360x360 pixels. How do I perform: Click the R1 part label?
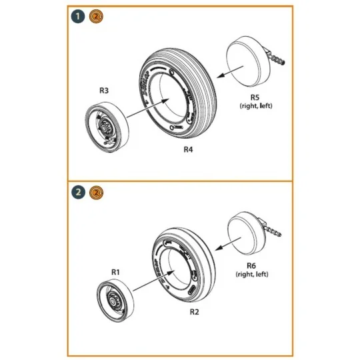115,272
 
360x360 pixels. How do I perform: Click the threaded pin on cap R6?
275,228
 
